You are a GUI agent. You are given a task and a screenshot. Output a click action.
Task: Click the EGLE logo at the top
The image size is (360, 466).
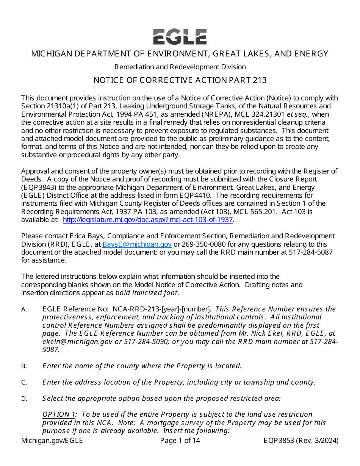[x=180, y=37]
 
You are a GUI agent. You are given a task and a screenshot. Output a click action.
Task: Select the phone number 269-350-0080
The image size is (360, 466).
[x=203, y=244]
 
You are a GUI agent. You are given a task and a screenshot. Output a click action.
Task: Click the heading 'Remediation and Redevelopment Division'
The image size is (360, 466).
[x=180, y=67]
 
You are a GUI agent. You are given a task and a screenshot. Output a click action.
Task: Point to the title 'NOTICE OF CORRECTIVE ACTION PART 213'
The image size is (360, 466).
[x=180, y=80]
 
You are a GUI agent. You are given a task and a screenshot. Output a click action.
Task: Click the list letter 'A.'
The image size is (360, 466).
[x=24, y=309]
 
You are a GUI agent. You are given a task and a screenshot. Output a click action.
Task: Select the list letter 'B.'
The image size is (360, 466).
[x=24, y=366]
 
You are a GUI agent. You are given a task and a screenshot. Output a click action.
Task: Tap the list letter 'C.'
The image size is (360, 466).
[x=24, y=382]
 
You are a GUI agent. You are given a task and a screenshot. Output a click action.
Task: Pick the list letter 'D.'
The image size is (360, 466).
[x=24, y=399]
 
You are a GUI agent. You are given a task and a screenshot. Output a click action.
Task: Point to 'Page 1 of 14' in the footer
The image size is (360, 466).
[x=180, y=441]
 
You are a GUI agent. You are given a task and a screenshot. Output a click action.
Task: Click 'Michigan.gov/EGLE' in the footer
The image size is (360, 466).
[x=52, y=441]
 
